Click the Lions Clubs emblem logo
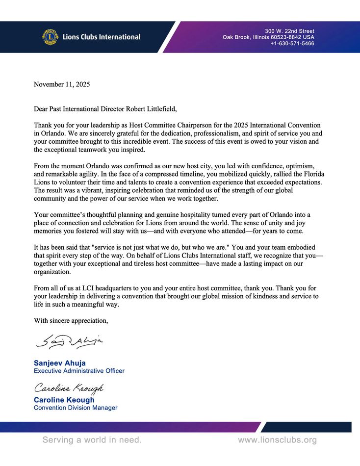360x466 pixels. tap(50, 37)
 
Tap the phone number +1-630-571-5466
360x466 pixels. tap(292, 44)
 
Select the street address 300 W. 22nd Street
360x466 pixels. tap(290, 31)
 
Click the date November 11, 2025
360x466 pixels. tap(62, 84)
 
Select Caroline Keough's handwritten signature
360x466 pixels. tap(69, 388)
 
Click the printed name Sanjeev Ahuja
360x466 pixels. tap(60, 363)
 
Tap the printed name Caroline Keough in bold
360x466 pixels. tap(64, 400)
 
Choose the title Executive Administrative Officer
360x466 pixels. tap(79, 371)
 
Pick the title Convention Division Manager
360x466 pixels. tap(76, 408)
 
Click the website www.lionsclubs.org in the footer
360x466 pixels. tap(277, 440)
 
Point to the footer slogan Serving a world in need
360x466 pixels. tap(92, 440)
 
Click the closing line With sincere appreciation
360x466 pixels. tap(71, 321)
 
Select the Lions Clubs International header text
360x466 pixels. tap(102, 37)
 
